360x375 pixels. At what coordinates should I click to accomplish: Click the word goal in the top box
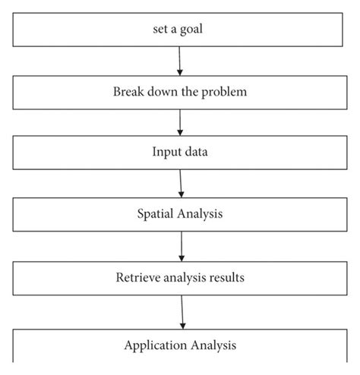(191, 30)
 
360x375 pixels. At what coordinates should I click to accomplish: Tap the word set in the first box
(160, 29)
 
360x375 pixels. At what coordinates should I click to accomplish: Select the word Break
(128, 91)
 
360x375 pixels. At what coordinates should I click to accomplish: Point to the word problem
(224, 92)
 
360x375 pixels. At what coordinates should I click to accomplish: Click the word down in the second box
(163, 91)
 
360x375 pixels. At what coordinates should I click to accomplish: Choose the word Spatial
(155, 214)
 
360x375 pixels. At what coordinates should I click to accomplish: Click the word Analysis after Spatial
(200, 214)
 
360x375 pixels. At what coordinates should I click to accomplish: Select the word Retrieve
(138, 277)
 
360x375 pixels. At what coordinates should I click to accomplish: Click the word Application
(156, 345)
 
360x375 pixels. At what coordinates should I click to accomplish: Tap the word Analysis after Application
(213, 345)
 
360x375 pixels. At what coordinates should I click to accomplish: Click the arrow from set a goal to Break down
(180, 61)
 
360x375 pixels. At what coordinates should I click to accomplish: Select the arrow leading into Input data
(180, 123)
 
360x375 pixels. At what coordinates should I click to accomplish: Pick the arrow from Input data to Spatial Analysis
(181, 184)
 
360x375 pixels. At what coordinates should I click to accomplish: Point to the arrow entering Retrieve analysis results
(182, 247)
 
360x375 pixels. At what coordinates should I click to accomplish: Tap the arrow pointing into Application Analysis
(182, 312)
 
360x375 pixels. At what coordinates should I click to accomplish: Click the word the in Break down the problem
(190, 91)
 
